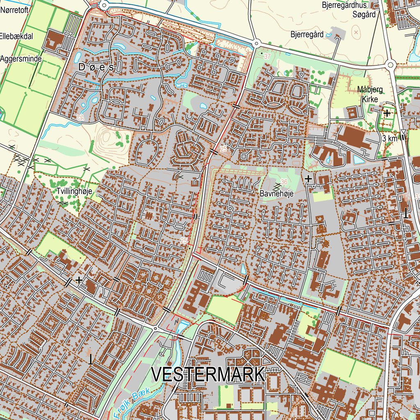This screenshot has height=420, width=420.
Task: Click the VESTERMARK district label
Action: click(x=208, y=375)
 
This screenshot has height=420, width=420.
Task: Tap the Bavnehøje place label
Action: click(x=277, y=194)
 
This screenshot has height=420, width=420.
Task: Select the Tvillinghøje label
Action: click(x=74, y=191)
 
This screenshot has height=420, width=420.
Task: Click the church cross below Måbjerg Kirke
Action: click(x=387, y=112)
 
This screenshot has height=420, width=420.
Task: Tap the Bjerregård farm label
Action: click(x=307, y=34)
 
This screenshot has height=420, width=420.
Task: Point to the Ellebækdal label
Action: click(x=16, y=36)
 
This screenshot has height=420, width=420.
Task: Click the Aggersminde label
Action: click(x=21, y=59)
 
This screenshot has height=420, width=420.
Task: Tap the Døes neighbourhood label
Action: click(x=96, y=67)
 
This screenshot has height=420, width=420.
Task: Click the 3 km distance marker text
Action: click(x=389, y=139)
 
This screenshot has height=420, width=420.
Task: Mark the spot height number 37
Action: click(x=267, y=56)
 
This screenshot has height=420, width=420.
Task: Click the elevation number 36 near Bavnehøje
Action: click(x=284, y=182)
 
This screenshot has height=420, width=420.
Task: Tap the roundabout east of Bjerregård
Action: click(x=390, y=64)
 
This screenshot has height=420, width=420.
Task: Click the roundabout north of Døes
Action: click(x=104, y=5)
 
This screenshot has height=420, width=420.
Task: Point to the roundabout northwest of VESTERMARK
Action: click(x=155, y=328)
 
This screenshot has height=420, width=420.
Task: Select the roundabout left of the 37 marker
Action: click(x=256, y=43)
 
